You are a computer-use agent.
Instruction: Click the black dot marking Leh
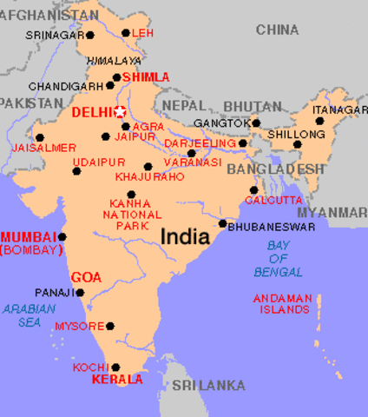(125, 34)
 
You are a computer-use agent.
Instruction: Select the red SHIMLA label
(146, 77)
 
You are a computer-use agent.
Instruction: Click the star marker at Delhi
(121, 112)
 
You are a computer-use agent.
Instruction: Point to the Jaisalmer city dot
(40, 137)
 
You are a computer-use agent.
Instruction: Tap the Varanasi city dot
(192, 153)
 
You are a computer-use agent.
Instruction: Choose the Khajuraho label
(149, 176)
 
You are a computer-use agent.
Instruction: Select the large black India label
(184, 235)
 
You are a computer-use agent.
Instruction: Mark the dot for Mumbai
(62, 236)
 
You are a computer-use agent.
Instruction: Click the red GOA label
(86, 277)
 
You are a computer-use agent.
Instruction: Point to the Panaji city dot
(81, 293)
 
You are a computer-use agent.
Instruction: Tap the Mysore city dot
(110, 326)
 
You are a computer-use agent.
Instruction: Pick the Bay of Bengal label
(279, 259)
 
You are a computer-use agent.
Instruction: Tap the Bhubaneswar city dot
(223, 224)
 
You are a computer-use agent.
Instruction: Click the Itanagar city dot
(319, 122)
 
